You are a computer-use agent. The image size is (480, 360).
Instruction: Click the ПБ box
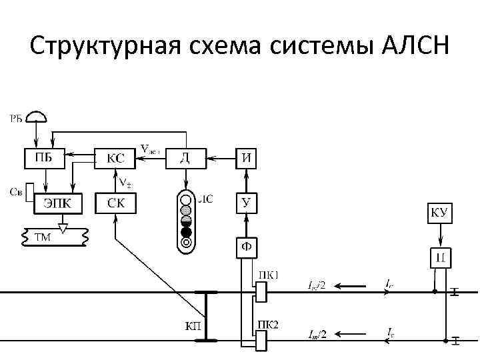44,158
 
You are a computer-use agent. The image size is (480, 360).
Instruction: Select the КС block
115,159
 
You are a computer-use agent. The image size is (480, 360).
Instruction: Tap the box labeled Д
185,158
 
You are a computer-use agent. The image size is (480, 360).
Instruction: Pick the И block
247,158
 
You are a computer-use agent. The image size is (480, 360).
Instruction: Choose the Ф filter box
247,248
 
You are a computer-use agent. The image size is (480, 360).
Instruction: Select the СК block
115,203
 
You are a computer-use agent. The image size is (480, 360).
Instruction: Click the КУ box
440,213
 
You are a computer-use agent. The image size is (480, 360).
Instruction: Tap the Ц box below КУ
440,257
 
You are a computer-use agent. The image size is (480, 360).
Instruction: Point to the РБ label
16,119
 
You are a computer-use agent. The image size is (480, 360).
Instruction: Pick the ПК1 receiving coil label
267,275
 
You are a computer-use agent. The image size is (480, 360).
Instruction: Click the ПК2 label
267,325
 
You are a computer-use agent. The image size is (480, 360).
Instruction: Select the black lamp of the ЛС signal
187,232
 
